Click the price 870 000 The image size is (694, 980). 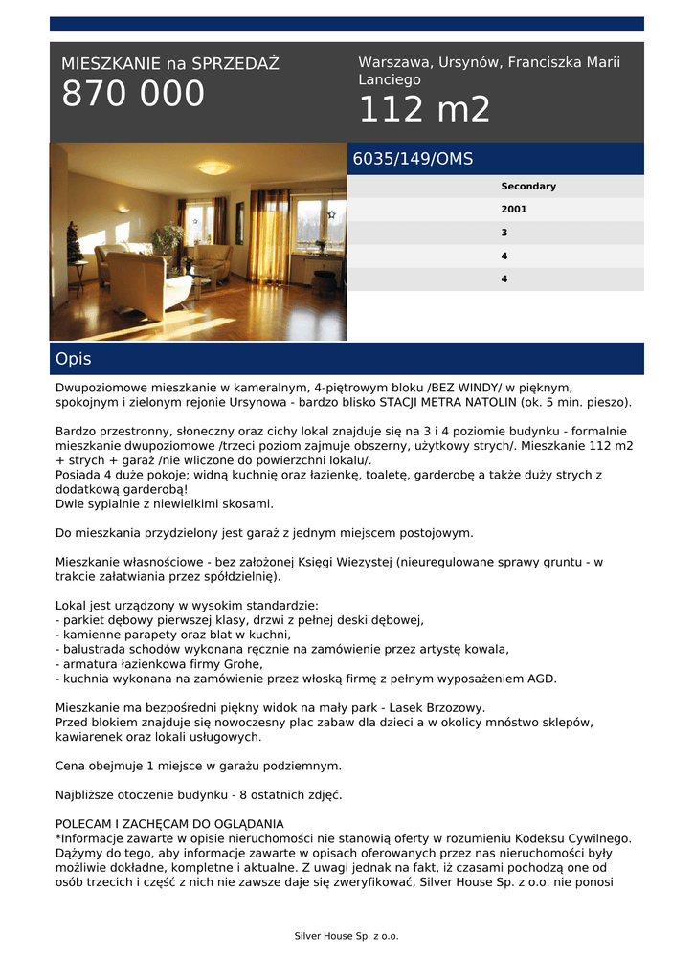133,95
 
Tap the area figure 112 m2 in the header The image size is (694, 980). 424,110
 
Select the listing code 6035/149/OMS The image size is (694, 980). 413,159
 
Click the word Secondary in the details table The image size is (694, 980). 527,187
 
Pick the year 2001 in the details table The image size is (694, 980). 514,210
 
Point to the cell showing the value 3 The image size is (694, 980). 504,233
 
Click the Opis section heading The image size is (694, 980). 74,359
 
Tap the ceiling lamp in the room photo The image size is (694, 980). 213,168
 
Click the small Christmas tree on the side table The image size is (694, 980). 74,243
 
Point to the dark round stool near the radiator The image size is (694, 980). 325,281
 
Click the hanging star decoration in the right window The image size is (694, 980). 331,215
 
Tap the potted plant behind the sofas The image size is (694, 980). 169,235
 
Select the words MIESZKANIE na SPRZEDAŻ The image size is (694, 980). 170,64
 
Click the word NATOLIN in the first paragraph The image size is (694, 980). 486,403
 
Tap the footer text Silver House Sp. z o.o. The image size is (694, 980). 347,936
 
